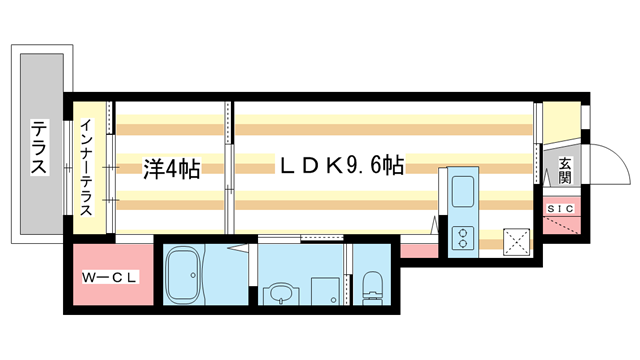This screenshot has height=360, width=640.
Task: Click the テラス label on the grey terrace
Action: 39,148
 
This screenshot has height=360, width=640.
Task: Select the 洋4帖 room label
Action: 171,169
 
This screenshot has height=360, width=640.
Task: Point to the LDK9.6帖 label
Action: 340,166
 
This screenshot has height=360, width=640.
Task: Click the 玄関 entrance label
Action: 565,169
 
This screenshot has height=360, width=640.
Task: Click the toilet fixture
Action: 373,285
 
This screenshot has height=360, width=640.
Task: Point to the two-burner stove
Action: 464,237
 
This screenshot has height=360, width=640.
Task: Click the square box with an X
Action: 517,239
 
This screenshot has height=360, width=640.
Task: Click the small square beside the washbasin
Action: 325,290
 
